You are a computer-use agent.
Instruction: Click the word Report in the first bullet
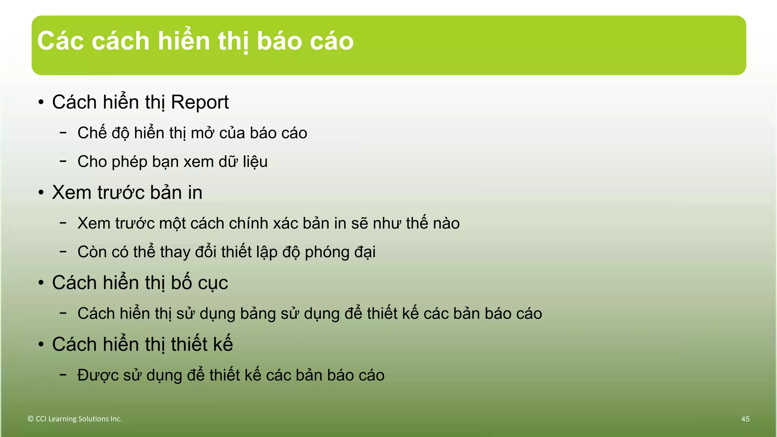[200, 102]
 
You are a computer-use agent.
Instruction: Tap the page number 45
[745, 419]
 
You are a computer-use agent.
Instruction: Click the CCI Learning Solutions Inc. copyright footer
[75, 419]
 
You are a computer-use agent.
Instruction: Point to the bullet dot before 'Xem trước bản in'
[41, 193]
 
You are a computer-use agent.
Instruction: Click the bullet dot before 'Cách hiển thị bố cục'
[41, 283]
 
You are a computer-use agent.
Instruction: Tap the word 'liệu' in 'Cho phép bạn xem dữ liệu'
[255, 162]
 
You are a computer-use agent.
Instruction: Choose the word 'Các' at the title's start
[61, 41]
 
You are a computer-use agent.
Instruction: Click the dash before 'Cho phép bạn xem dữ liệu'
[63, 161]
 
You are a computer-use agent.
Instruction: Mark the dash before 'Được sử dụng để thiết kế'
[63, 375]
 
